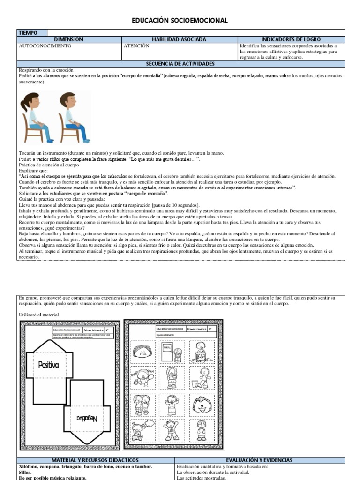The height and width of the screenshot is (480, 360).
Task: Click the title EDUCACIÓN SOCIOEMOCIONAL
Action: (x=180, y=21)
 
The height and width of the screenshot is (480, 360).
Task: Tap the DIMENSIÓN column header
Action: (x=69, y=40)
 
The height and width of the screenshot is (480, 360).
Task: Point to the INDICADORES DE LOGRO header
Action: (x=291, y=40)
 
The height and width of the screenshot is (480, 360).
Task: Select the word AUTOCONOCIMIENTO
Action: (x=45, y=46)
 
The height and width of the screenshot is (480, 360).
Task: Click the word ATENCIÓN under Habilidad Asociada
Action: (x=136, y=46)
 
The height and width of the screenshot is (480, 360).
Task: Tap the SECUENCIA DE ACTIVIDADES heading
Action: (x=180, y=64)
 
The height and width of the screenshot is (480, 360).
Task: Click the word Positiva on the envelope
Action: (x=49, y=364)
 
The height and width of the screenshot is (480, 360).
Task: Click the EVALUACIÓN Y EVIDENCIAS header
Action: (x=265, y=461)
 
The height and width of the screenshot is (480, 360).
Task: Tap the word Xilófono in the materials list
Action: (x=30, y=467)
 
